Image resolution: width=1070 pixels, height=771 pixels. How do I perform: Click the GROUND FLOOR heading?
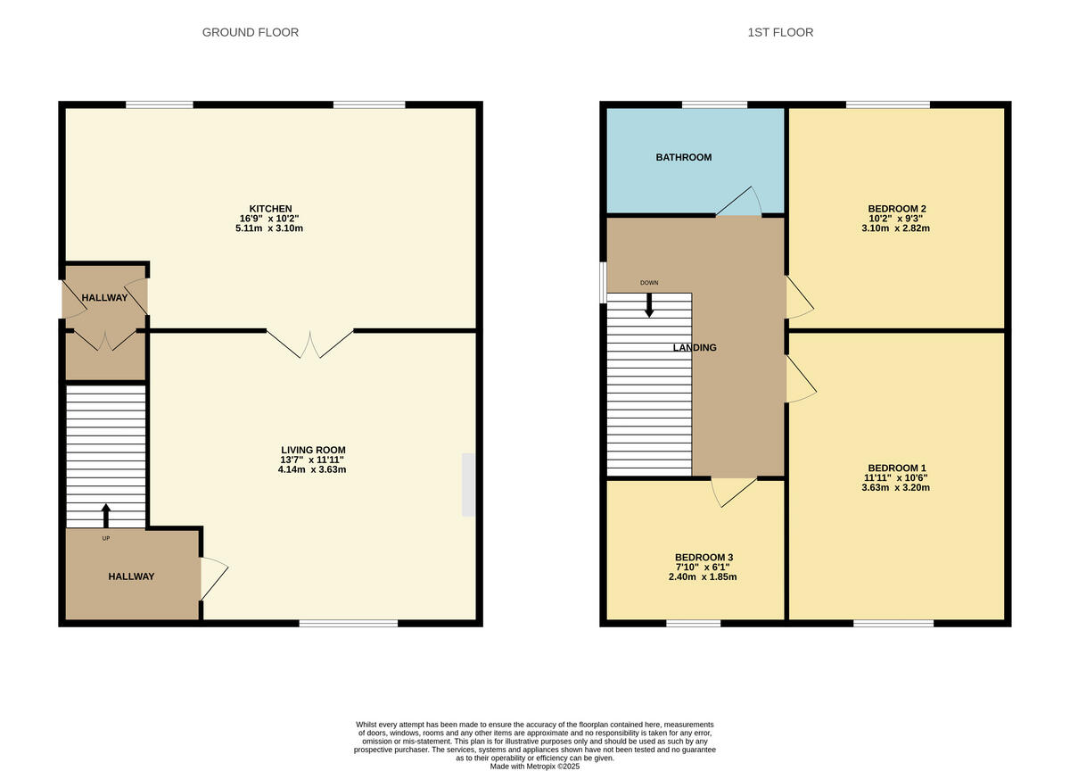tap(251, 32)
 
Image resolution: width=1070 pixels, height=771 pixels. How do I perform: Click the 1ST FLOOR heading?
tap(780, 32)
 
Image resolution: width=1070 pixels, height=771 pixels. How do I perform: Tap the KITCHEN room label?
tap(271, 208)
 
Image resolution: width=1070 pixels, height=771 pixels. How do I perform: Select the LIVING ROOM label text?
tap(313, 450)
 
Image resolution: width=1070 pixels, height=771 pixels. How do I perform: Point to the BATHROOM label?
tap(684, 157)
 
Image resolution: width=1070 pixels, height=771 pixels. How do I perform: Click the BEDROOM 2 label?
tap(898, 209)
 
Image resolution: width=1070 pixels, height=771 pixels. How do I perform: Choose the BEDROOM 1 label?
tap(897, 468)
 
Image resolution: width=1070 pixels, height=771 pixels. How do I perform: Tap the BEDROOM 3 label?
tap(704, 557)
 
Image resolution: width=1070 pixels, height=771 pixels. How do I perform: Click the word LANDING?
tap(695, 347)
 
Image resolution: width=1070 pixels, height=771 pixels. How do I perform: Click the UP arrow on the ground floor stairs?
tap(106, 515)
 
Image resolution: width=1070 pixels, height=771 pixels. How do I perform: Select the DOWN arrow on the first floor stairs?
tap(649, 304)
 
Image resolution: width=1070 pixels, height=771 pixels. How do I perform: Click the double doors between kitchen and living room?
tap(310, 344)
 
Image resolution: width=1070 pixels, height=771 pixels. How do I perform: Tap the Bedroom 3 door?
tap(733, 491)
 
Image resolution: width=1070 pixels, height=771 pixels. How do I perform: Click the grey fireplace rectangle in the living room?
tap(469, 485)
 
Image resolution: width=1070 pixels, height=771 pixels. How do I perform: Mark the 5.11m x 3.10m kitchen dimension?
tap(271, 228)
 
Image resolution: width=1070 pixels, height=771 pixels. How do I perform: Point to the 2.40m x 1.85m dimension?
tap(704, 576)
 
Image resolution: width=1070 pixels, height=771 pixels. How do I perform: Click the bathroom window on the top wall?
tap(715, 104)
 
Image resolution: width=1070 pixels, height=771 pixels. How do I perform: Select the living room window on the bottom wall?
tap(349, 623)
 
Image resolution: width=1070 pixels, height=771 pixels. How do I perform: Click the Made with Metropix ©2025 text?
tap(535, 766)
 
